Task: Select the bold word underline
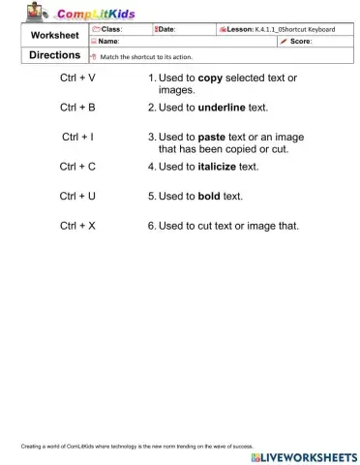tap(225, 107)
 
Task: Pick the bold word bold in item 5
tap(211, 197)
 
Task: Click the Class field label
tap(111, 30)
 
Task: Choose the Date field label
tap(165, 30)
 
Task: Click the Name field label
tap(108, 43)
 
